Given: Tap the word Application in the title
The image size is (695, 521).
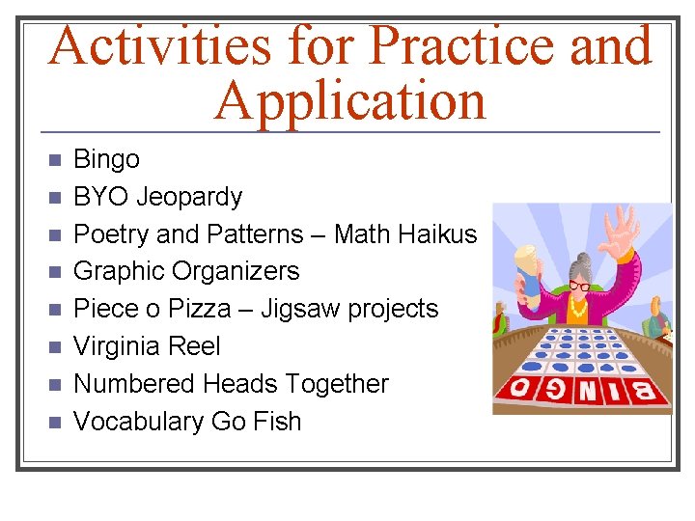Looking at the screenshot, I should (350, 100).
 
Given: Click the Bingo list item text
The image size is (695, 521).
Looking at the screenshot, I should (106, 159).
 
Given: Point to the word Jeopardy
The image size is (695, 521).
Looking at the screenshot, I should (189, 197).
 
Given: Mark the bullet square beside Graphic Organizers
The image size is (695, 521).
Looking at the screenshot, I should (54, 272).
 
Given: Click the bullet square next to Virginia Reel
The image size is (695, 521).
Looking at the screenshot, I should (54, 347).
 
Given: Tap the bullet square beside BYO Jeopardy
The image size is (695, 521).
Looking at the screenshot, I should (54, 198).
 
